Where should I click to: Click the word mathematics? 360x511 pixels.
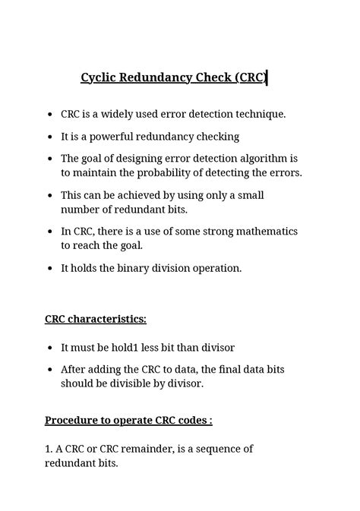point(261,231)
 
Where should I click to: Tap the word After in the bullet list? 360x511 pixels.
point(75,370)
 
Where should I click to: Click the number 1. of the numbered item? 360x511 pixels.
point(49,449)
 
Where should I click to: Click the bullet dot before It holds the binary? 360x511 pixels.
point(49,269)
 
